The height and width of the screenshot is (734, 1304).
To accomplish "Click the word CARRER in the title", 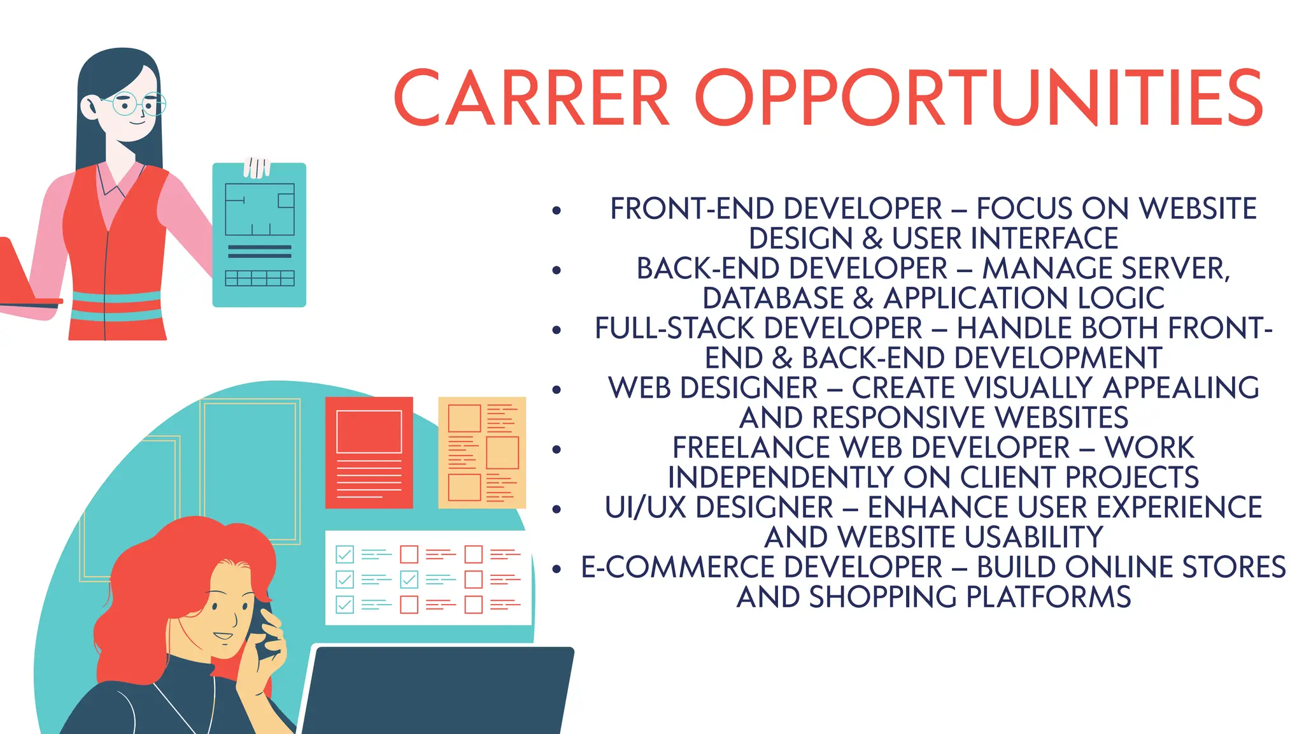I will click(532, 98).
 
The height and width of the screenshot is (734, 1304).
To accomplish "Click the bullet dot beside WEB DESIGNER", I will click(557, 389).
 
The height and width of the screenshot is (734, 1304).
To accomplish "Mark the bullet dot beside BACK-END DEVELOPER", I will click(557, 270).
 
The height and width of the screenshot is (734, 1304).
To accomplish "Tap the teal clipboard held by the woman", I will click(259, 236).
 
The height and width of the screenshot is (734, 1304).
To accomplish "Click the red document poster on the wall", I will click(369, 452).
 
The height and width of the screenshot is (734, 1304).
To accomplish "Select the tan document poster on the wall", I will click(482, 452).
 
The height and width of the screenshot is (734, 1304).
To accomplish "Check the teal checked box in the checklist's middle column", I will click(409, 579).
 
